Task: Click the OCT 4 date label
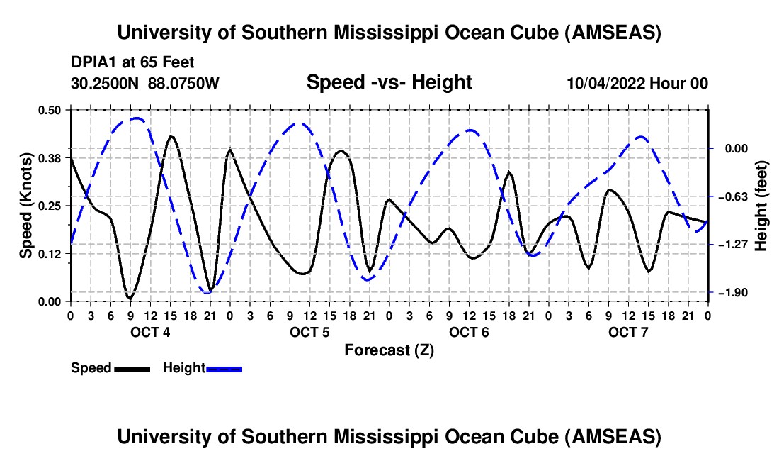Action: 149,332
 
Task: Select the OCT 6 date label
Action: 468,332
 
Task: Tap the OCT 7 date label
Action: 627,332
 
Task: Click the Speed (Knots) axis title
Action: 25,206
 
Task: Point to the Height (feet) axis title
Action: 761,206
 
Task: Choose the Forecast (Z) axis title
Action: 389,350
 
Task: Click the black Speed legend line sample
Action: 132,368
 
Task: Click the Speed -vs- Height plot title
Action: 389,82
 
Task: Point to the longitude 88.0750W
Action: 184,83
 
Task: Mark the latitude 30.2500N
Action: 106,83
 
